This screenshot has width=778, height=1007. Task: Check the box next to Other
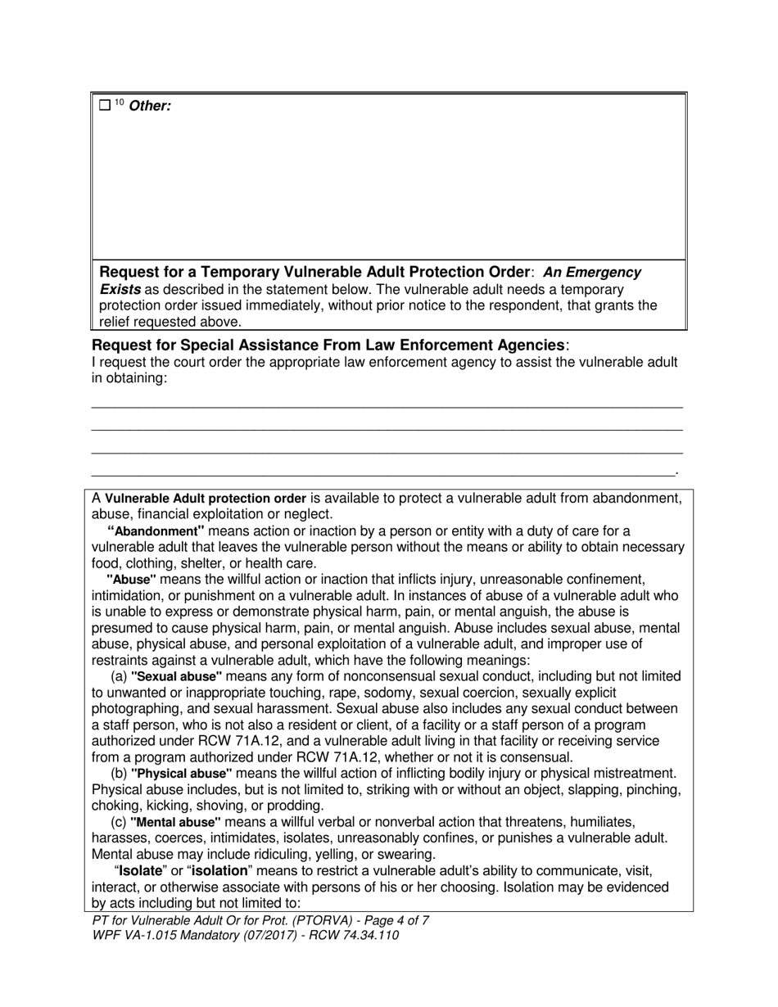(104, 106)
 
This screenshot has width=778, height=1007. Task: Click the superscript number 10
(119, 102)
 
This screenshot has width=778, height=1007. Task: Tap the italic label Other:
(151, 106)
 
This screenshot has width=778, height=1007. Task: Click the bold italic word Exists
(120, 290)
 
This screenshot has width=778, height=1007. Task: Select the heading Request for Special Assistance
(328, 345)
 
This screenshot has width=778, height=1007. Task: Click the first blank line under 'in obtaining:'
(386, 406)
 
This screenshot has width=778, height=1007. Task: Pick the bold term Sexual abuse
(176, 677)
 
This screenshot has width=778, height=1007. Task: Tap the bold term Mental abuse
(175, 822)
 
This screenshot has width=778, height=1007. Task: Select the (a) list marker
(119, 677)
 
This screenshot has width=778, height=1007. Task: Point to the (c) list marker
(119, 822)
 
